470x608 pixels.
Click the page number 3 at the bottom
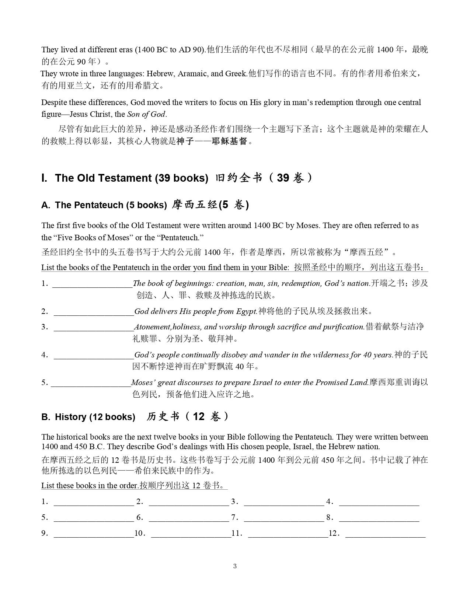[x=235, y=566]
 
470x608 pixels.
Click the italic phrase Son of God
[x=146, y=114]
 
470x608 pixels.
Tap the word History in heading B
[x=70, y=417]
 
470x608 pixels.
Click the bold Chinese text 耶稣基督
[x=229, y=141]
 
